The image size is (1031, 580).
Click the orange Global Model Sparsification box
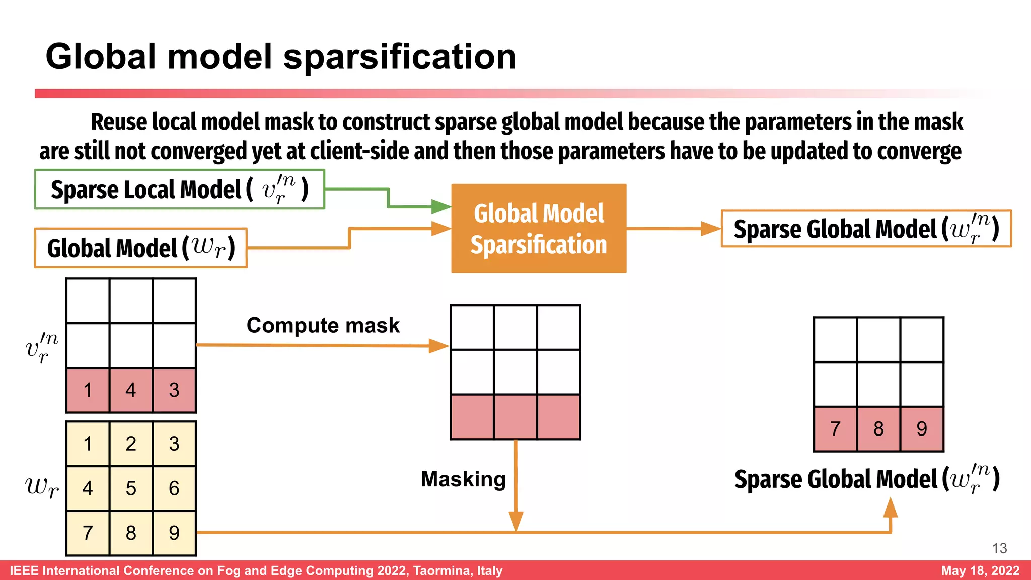click(539, 229)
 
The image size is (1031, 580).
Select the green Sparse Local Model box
click(179, 190)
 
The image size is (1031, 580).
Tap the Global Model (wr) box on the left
click(140, 248)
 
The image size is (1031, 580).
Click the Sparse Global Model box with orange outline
click(866, 229)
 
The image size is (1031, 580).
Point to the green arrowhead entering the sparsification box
click(441, 206)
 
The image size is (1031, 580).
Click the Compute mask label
click(323, 325)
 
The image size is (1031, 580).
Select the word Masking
click(463, 479)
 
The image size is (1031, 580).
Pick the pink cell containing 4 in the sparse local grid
click(131, 390)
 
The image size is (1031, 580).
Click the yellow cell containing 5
click(131, 488)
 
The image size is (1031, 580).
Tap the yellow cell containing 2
click(131, 444)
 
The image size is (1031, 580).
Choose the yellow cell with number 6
click(174, 488)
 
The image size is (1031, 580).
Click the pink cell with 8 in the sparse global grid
click(878, 429)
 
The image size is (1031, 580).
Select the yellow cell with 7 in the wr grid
click(88, 533)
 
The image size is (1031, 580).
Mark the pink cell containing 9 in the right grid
click(922, 429)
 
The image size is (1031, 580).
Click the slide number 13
click(999, 548)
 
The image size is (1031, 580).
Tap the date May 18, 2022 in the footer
click(980, 570)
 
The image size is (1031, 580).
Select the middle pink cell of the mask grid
click(515, 417)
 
